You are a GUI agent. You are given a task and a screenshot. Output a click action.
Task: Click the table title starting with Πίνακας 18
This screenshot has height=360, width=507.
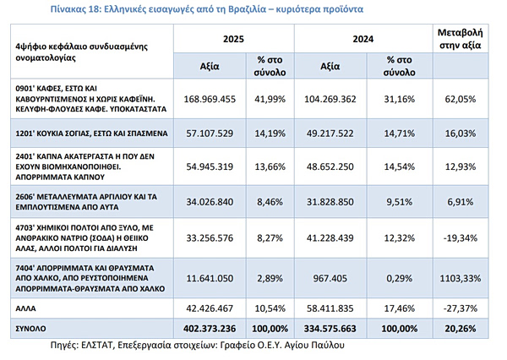[207, 9]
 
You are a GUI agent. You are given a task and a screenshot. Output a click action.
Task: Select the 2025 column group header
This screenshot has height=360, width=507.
[233, 39]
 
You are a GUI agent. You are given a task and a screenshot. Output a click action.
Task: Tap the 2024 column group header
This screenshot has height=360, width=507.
[363, 39]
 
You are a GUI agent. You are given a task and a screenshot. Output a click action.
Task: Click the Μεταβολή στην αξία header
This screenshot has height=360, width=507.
[461, 39]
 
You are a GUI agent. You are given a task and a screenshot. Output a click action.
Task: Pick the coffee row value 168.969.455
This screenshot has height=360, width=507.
[210, 99]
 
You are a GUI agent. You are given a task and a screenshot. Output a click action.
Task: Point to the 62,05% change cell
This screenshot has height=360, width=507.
[461, 99]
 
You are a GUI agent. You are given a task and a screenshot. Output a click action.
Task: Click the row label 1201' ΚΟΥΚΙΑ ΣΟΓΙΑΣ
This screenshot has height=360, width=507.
[91, 134]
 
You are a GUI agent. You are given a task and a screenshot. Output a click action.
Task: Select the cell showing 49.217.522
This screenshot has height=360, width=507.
[330, 134]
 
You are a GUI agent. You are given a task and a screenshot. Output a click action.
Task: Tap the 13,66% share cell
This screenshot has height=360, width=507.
[270, 166]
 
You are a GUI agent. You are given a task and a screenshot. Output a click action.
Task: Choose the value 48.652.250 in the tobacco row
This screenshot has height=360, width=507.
[330, 166]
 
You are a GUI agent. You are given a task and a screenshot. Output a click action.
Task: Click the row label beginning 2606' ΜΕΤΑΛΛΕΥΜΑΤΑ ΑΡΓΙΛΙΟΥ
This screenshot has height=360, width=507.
[86, 202]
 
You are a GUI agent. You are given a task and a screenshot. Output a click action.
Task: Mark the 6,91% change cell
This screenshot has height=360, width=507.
[461, 202]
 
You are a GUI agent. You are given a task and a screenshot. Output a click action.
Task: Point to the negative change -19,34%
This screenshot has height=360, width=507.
[461, 238]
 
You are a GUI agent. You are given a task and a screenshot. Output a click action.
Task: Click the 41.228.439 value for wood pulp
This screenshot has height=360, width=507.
[330, 238]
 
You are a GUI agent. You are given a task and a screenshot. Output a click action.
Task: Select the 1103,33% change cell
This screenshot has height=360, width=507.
[461, 278]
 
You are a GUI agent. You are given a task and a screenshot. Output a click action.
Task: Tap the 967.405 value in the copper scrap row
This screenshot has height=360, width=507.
[330, 278]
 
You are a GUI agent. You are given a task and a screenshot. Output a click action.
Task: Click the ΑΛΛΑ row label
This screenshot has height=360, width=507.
[25, 308]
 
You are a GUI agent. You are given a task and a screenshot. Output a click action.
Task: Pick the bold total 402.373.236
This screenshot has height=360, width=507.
[210, 329]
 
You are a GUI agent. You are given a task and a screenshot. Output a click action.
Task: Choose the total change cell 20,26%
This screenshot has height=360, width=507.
[461, 329]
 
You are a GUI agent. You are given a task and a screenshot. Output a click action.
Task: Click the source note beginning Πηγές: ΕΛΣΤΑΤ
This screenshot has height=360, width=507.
[197, 345]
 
